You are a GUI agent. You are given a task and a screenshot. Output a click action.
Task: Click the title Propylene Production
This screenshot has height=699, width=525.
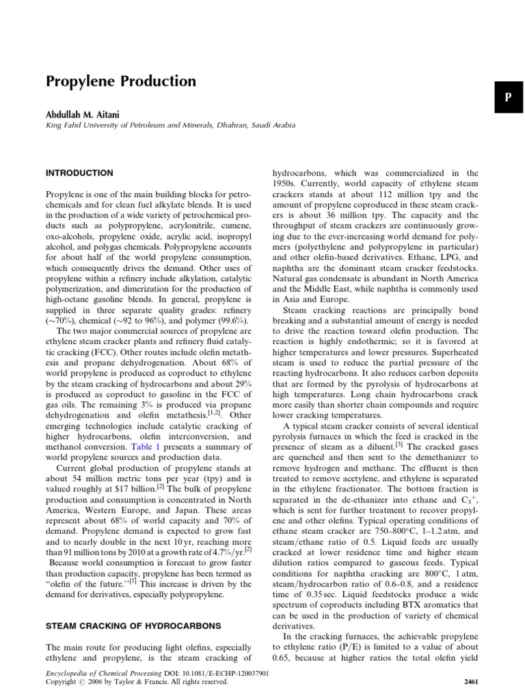[120, 82]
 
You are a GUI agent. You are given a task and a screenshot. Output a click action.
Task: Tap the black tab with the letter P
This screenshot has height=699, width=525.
[508, 97]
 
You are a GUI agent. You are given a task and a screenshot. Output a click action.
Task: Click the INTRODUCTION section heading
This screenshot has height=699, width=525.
[79, 173]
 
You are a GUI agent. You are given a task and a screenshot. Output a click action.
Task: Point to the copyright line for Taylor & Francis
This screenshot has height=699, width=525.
[137, 681]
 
